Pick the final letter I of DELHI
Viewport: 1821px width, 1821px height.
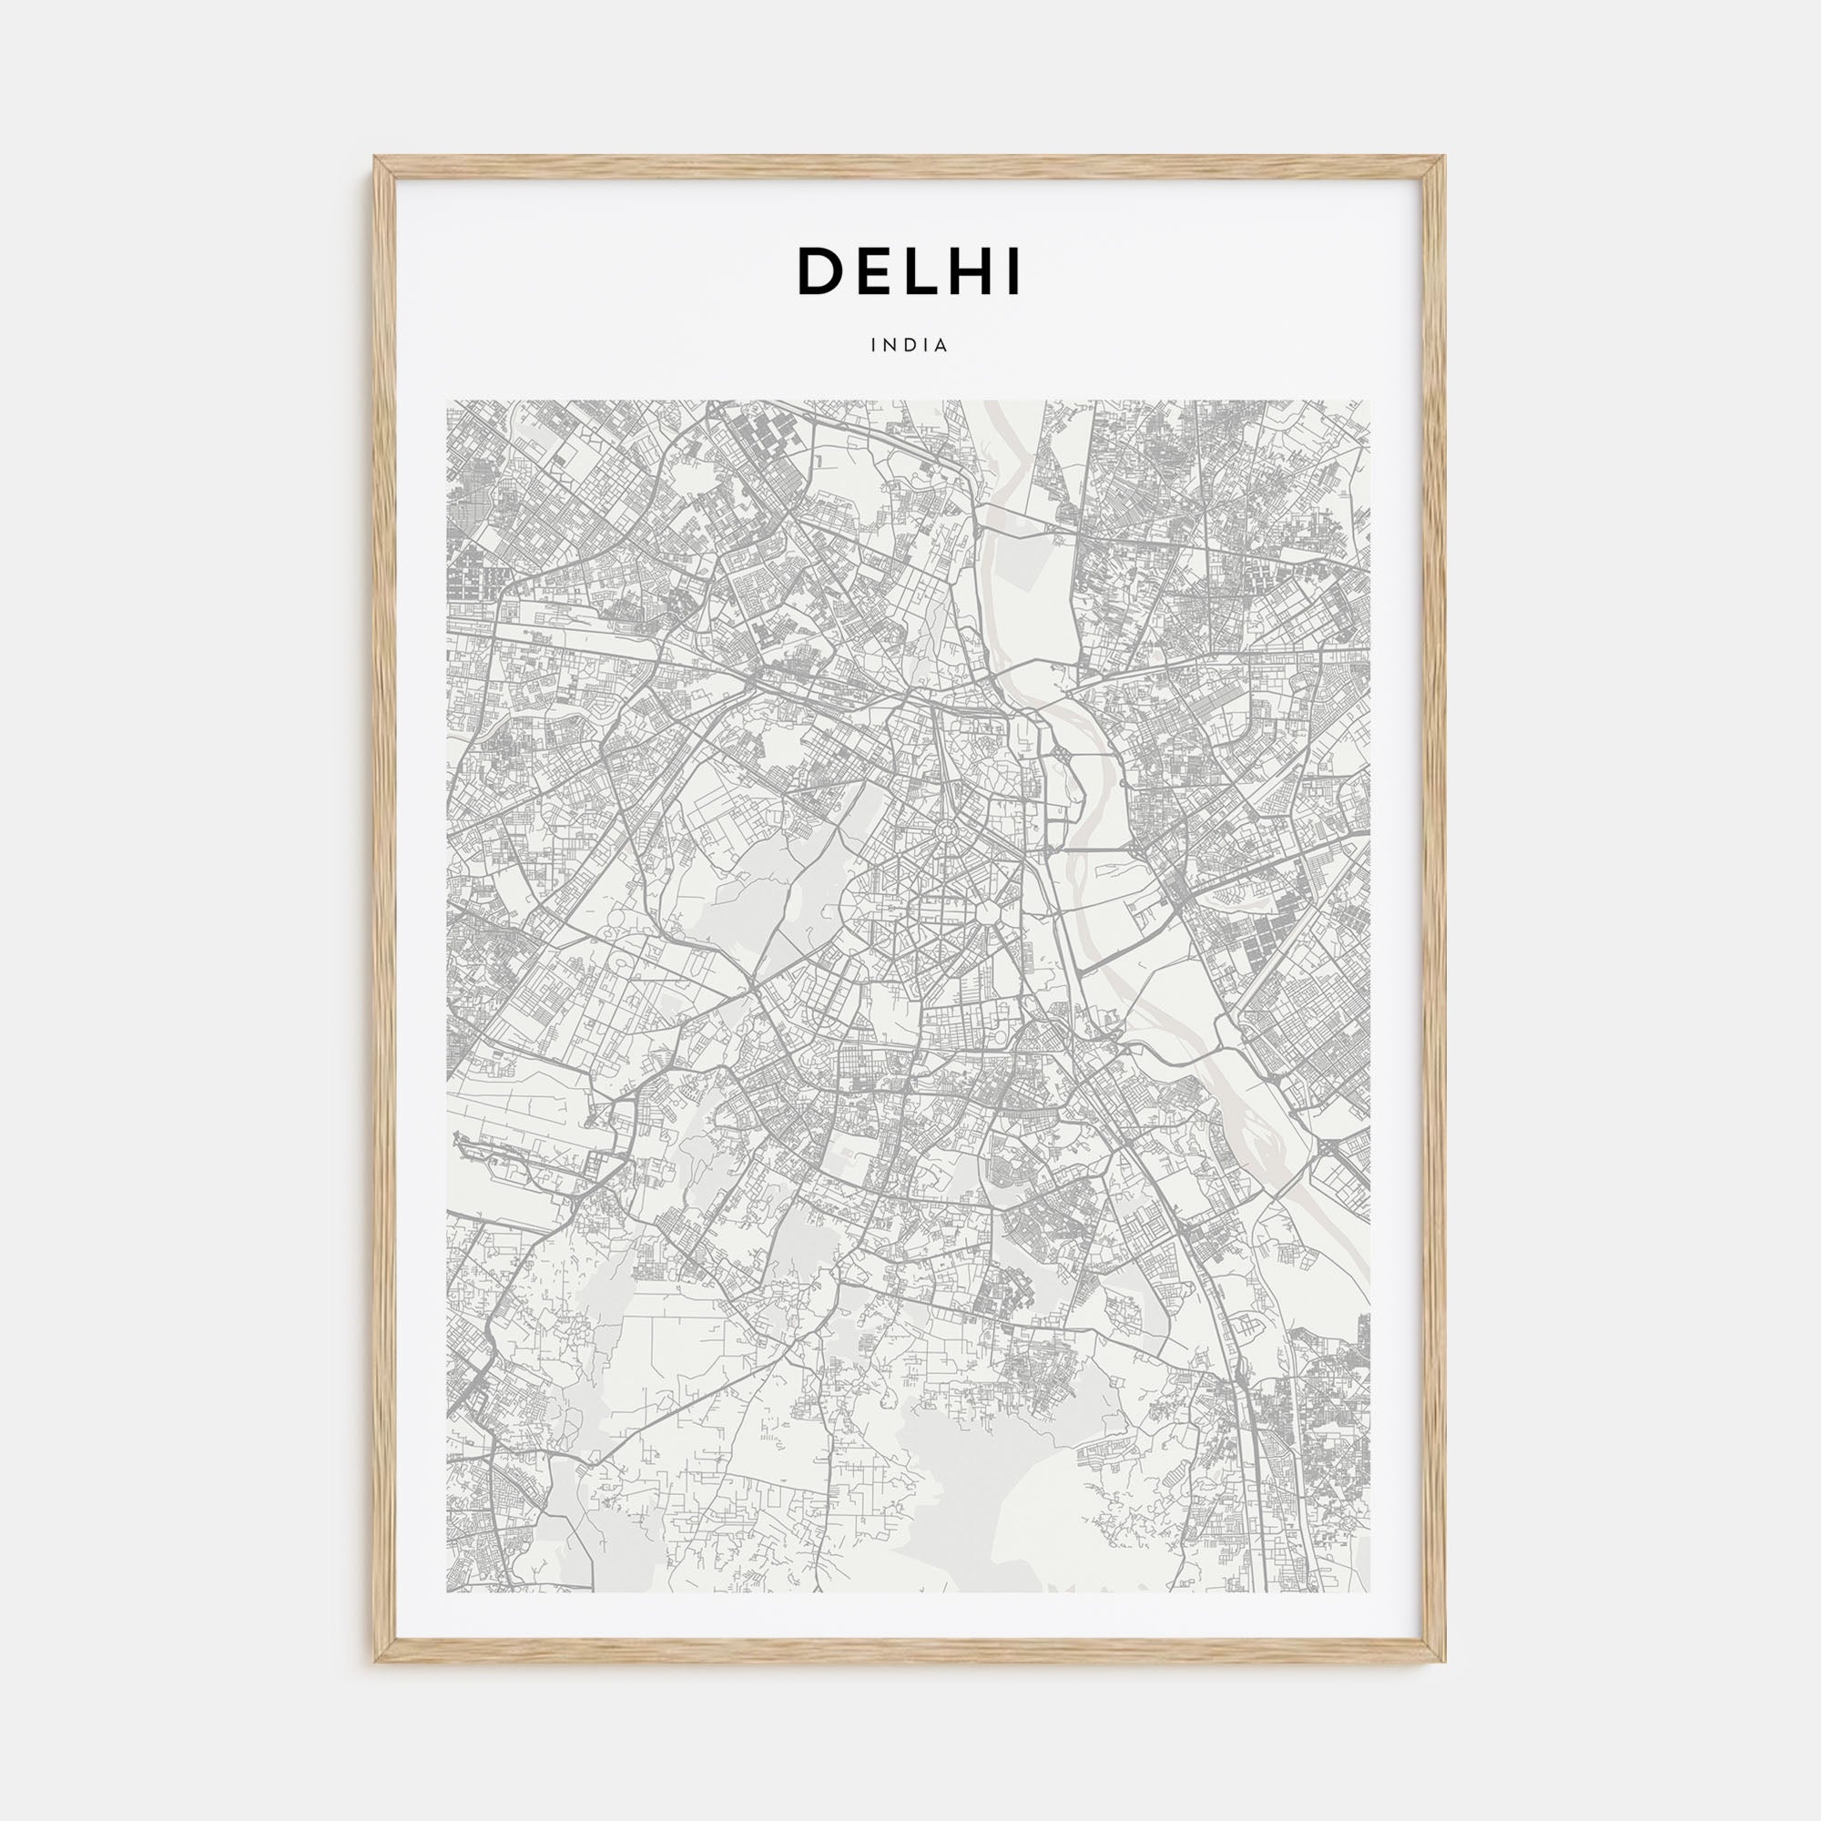[x=1013, y=271]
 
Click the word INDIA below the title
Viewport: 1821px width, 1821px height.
[x=910, y=346]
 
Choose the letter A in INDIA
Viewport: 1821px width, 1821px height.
[x=941, y=346]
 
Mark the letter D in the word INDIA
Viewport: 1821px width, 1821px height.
[x=910, y=346]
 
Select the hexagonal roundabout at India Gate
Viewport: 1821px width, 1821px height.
[x=989, y=911]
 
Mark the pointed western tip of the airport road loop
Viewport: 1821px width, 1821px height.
[x=456, y=1142]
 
